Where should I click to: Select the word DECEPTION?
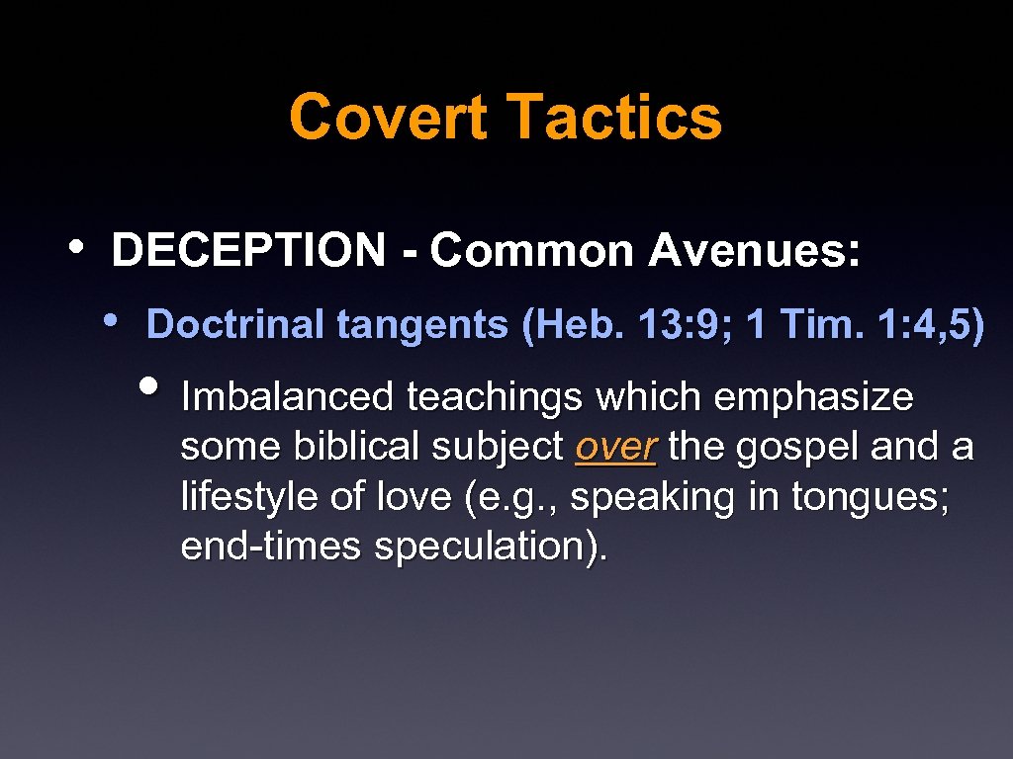(248, 251)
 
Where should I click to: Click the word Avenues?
(754, 251)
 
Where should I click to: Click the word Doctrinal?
(236, 324)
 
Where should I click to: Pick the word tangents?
(424, 324)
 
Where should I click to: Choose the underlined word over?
(615, 448)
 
